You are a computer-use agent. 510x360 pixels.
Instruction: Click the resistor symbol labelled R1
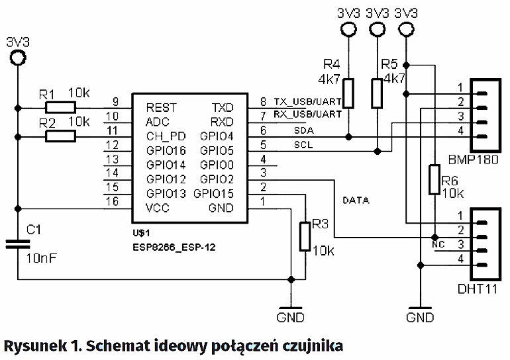pyautogui.click(x=60, y=107)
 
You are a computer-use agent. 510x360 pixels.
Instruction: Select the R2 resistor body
pyautogui.click(x=60, y=136)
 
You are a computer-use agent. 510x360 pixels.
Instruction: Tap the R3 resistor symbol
pyautogui.click(x=305, y=236)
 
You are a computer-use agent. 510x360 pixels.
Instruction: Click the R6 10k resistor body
pyautogui.click(x=434, y=180)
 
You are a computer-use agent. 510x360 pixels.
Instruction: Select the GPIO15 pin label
pyautogui.click(x=214, y=194)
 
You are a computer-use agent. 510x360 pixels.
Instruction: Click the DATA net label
pyautogui.click(x=356, y=200)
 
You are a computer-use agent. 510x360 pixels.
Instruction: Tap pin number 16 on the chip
pyautogui.click(x=115, y=201)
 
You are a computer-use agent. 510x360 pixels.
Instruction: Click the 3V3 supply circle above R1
pyautogui.click(x=17, y=59)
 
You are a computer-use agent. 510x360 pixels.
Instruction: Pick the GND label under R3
pyautogui.click(x=291, y=318)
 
